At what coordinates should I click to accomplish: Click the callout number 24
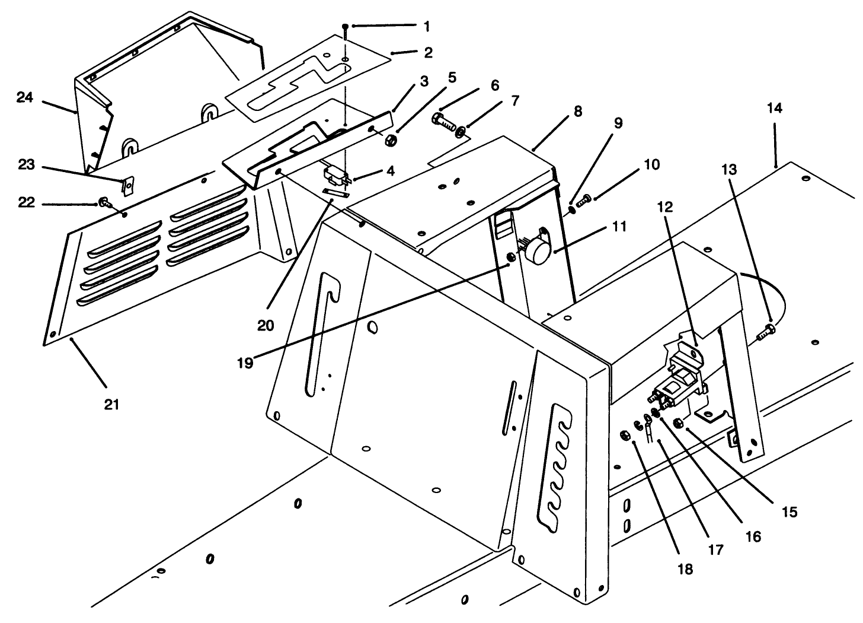click(25, 98)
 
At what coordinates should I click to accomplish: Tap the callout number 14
click(774, 108)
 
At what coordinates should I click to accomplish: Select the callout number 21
click(112, 405)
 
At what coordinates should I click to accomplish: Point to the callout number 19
click(245, 363)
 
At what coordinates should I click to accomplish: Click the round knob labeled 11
click(538, 253)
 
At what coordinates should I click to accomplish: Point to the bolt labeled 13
click(765, 331)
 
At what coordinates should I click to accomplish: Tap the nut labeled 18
click(624, 436)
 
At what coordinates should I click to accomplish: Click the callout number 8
click(577, 111)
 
